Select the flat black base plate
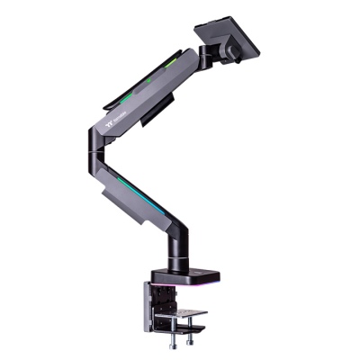175,274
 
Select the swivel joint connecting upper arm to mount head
204,58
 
